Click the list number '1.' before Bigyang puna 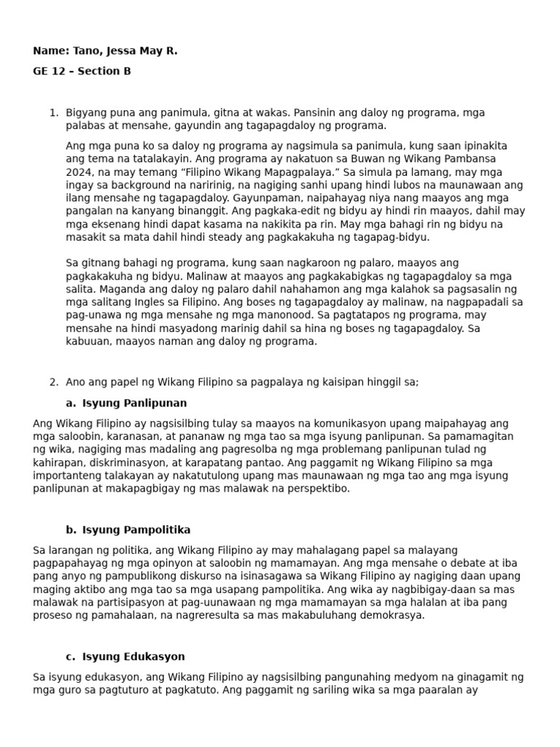pos(53,113)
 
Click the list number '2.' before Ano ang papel pos(53,382)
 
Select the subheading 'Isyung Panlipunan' pos(134,403)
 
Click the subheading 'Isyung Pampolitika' pos(136,530)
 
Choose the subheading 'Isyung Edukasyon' pos(133,657)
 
